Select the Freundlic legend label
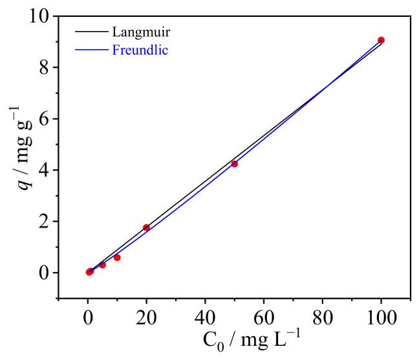[140, 50]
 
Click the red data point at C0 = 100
[381, 40]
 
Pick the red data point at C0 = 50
[235, 164]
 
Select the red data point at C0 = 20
[147, 228]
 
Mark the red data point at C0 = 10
[117, 257]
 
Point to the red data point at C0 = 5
[103, 265]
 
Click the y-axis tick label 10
[40, 16]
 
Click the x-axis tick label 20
[147, 317]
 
